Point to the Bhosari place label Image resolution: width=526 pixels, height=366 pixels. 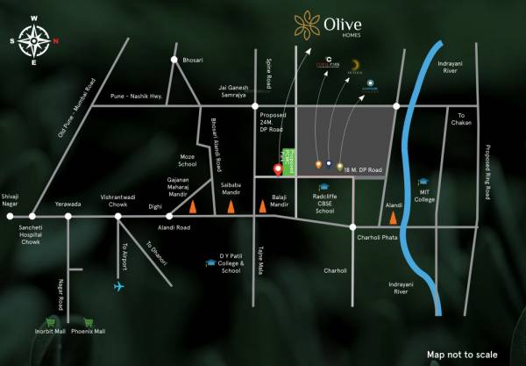(193, 59)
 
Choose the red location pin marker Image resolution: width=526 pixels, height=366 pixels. (278, 169)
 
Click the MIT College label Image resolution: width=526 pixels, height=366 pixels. (425, 195)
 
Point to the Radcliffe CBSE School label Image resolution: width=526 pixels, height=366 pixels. (325, 205)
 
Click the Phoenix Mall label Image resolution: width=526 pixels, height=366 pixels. (89, 331)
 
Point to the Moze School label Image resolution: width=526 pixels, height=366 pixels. (188, 160)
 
